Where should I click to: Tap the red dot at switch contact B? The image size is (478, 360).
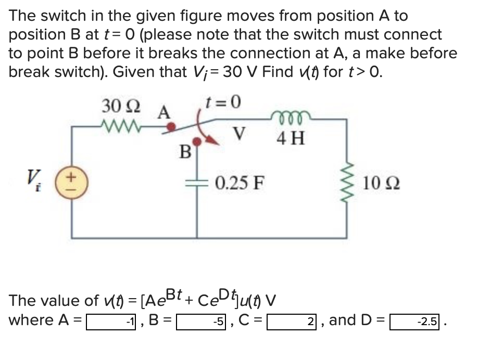[x=197, y=140]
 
